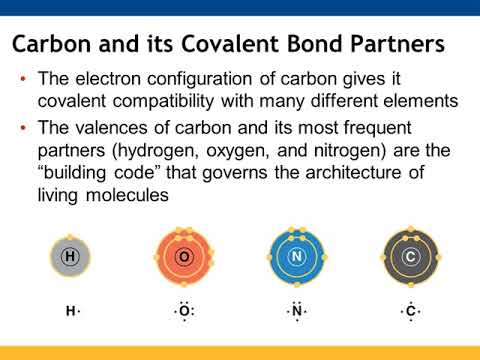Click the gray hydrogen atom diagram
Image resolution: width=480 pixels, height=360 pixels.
[x=70, y=258]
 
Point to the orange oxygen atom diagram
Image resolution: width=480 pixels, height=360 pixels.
[x=183, y=258]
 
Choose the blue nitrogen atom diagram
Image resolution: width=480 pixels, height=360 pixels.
[x=297, y=258]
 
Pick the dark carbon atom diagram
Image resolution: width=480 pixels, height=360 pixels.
[x=410, y=258]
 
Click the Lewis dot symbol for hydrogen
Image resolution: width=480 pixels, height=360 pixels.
[x=72, y=312]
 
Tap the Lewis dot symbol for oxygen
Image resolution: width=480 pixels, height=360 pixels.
[x=184, y=312]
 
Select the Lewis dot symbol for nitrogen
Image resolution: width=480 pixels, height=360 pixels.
[x=297, y=312]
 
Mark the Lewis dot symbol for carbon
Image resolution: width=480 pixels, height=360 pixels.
[x=410, y=312]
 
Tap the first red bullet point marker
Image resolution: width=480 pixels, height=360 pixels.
[x=22, y=80]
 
